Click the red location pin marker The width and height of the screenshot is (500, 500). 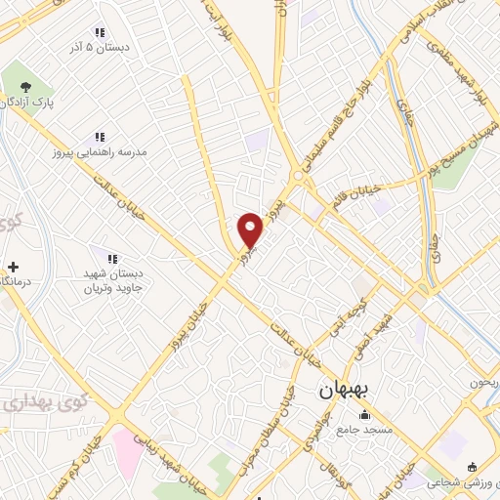251,230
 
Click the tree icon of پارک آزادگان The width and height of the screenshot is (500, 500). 24,86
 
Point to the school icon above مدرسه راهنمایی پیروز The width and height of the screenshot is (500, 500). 99,138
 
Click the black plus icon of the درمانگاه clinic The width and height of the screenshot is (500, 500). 13,267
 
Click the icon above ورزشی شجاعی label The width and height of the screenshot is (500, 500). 473,466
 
